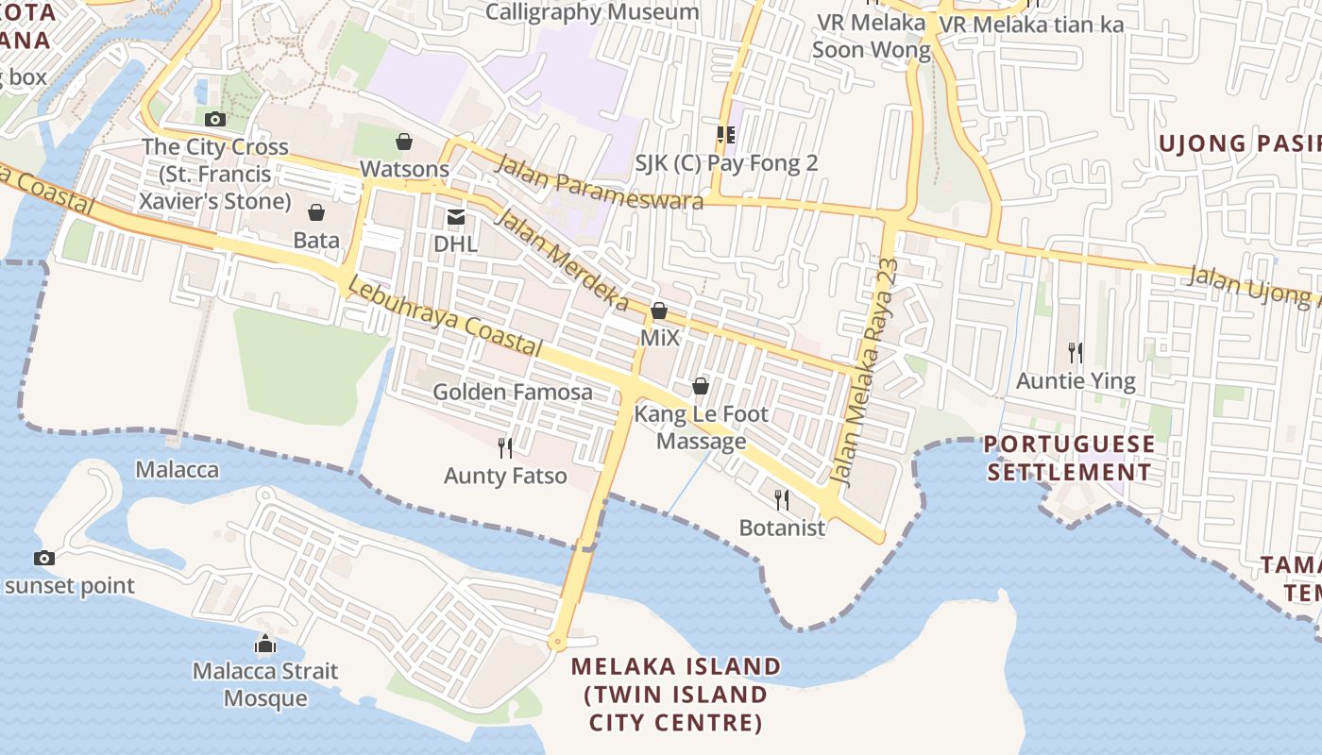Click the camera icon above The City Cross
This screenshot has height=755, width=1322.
[x=215, y=119]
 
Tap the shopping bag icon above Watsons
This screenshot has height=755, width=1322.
[x=404, y=142]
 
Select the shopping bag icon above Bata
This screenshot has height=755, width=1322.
[x=316, y=212]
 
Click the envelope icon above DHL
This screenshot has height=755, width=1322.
[x=456, y=217]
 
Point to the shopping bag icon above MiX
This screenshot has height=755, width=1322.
[x=659, y=310]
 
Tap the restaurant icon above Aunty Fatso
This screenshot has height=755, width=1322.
[x=505, y=447]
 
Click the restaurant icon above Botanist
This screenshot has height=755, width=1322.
[x=782, y=499]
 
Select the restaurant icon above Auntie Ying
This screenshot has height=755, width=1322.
[x=1076, y=353]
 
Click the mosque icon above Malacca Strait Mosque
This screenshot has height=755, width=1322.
[x=265, y=645]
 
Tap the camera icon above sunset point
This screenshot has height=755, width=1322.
[x=43, y=558]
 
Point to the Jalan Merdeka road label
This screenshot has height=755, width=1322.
[x=562, y=260]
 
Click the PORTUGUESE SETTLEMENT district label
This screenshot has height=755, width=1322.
[x=1070, y=458]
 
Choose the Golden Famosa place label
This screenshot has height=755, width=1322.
[x=513, y=392]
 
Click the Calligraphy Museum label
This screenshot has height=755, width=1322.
[x=592, y=12]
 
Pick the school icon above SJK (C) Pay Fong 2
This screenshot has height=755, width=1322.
[x=725, y=135]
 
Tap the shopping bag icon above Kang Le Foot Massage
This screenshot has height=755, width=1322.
[x=701, y=386]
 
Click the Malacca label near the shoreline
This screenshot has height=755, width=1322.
[x=177, y=470]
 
